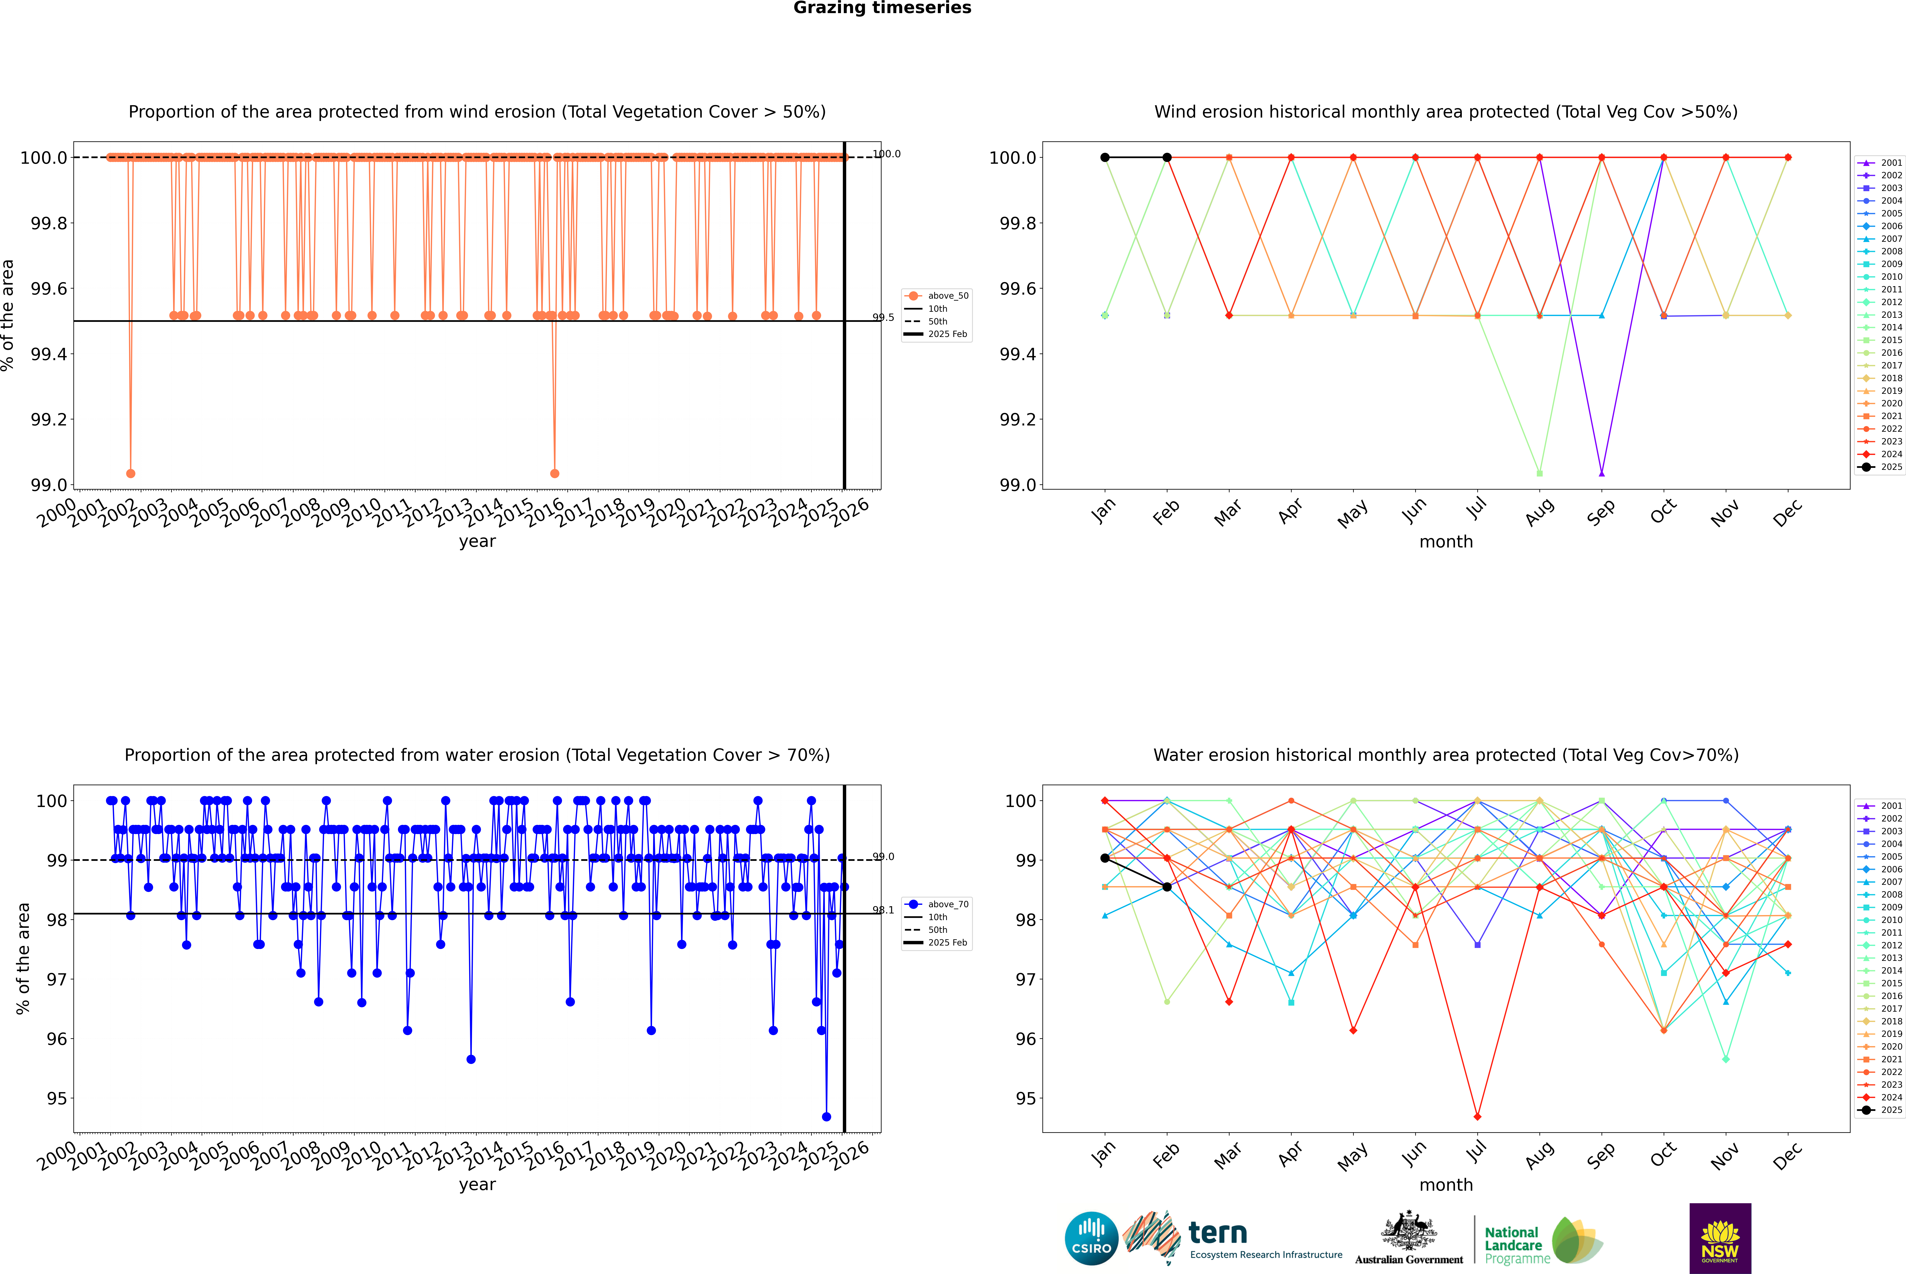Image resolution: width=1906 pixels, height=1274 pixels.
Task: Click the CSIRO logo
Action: [1091, 1238]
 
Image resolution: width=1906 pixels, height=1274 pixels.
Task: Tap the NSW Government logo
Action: [1720, 1238]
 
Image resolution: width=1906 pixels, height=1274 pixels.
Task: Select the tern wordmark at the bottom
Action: [1217, 1233]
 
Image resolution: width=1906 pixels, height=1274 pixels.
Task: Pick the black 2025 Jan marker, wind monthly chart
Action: [1105, 158]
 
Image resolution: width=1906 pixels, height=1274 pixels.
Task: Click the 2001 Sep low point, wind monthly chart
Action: [1601, 473]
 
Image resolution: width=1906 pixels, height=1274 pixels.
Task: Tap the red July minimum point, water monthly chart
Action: [1477, 1116]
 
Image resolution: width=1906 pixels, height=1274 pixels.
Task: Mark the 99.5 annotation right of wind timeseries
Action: [883, 318]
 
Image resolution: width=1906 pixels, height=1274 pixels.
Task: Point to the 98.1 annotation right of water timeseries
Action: [883, 910]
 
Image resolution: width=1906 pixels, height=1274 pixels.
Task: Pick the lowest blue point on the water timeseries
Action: [826, 1116]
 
